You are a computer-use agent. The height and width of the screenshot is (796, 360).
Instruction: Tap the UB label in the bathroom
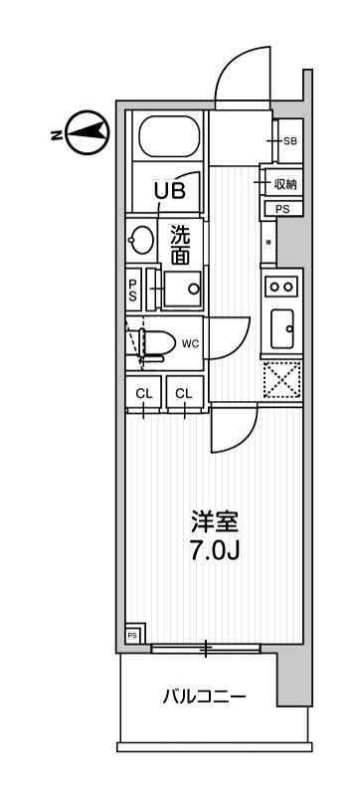click(168, 189)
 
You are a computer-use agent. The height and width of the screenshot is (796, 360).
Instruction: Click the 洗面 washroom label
click(180, 246)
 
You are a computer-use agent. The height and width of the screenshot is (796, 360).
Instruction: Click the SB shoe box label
click(289, 141)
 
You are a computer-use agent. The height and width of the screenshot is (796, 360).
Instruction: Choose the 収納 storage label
click(285, 184)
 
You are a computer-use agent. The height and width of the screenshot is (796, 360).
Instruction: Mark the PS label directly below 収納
click(282, 209)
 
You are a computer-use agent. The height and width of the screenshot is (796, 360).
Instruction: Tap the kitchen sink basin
click(281, 324)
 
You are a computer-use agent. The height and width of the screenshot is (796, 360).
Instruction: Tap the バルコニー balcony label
click(204, 696)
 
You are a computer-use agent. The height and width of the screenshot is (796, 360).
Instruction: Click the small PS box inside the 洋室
click(132, 635)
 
